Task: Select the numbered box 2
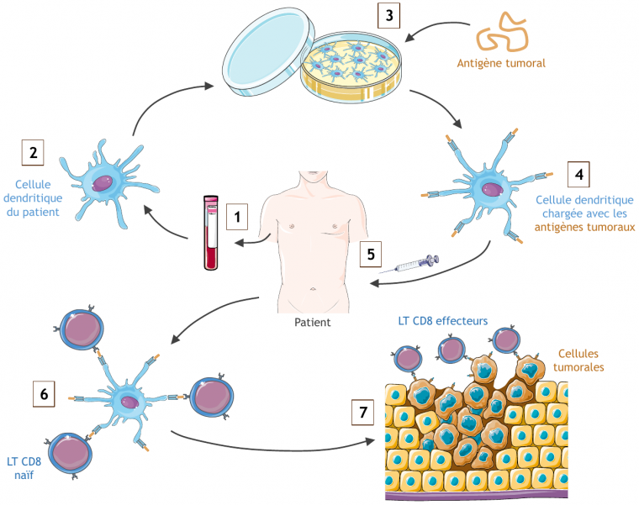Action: (33, 153)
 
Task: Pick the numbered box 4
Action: (578, 174)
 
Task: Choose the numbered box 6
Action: (45, 392)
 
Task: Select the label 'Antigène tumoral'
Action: (501, 63)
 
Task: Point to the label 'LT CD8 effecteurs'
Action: (442, 321)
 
